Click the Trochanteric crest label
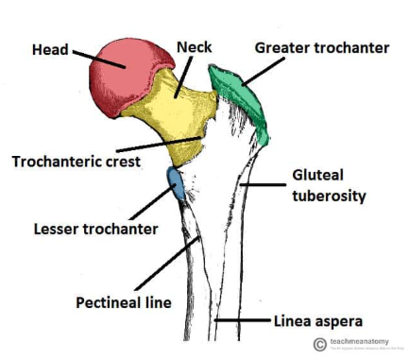click(x=76, y=162)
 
